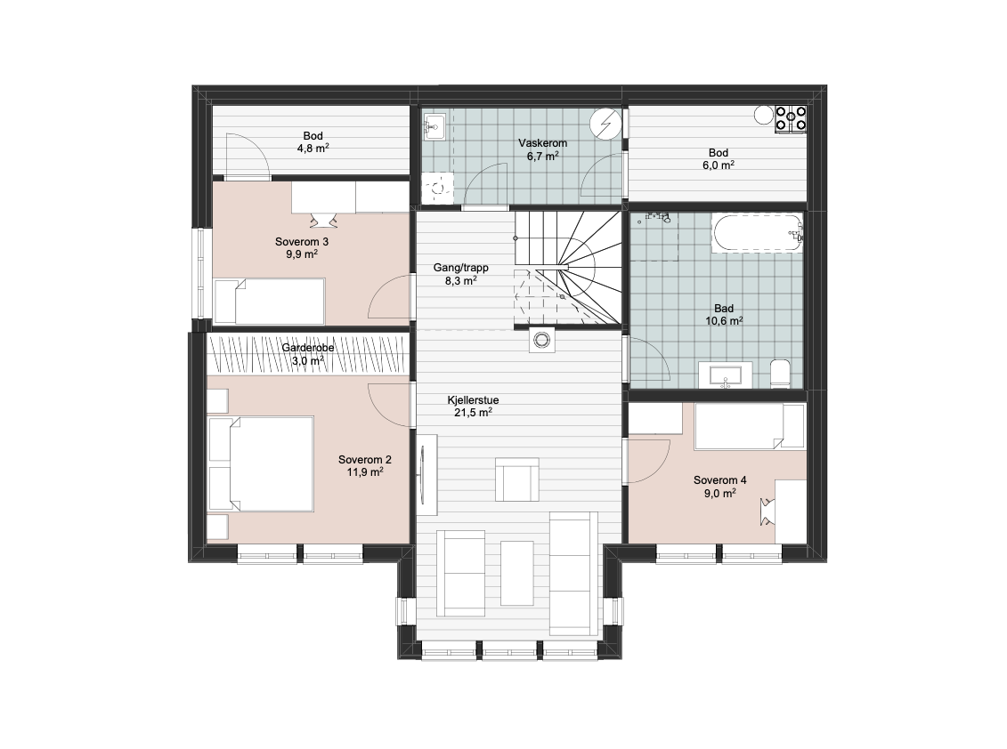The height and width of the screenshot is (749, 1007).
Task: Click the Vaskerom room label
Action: (x=542, y=143)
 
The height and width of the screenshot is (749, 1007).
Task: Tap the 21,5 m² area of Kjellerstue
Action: (x=474, y=412)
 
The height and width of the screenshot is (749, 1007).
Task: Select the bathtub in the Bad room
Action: (x=757, y=233)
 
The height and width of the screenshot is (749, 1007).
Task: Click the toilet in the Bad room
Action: (x=780, y=374)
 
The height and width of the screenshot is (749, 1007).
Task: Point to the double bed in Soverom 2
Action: (x=262, y=463)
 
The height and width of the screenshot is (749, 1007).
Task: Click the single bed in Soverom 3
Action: (x=269, y=301)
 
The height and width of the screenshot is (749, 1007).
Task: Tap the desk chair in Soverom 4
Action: (x=767, y=511)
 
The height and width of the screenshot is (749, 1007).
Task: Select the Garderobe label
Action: (x=308, y=348)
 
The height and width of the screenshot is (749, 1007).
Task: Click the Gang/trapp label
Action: (x=460, y=268)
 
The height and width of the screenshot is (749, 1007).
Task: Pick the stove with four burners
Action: (x=791, y=118)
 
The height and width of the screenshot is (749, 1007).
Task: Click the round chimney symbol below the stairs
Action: (x=542, y=340)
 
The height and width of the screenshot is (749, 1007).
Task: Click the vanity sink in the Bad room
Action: (x=725, y=375)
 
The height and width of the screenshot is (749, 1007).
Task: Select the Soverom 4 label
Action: (x=720, y=480)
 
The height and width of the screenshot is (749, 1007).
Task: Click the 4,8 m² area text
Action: (x=313, y=149)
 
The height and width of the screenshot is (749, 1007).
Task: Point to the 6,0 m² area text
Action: (x=718, y=165)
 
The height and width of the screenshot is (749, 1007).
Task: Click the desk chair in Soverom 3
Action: (x=324, y=220)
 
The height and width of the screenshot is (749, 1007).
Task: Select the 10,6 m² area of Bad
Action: (x=725, y=320)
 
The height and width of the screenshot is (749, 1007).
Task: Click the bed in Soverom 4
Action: (x=749, y=426)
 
